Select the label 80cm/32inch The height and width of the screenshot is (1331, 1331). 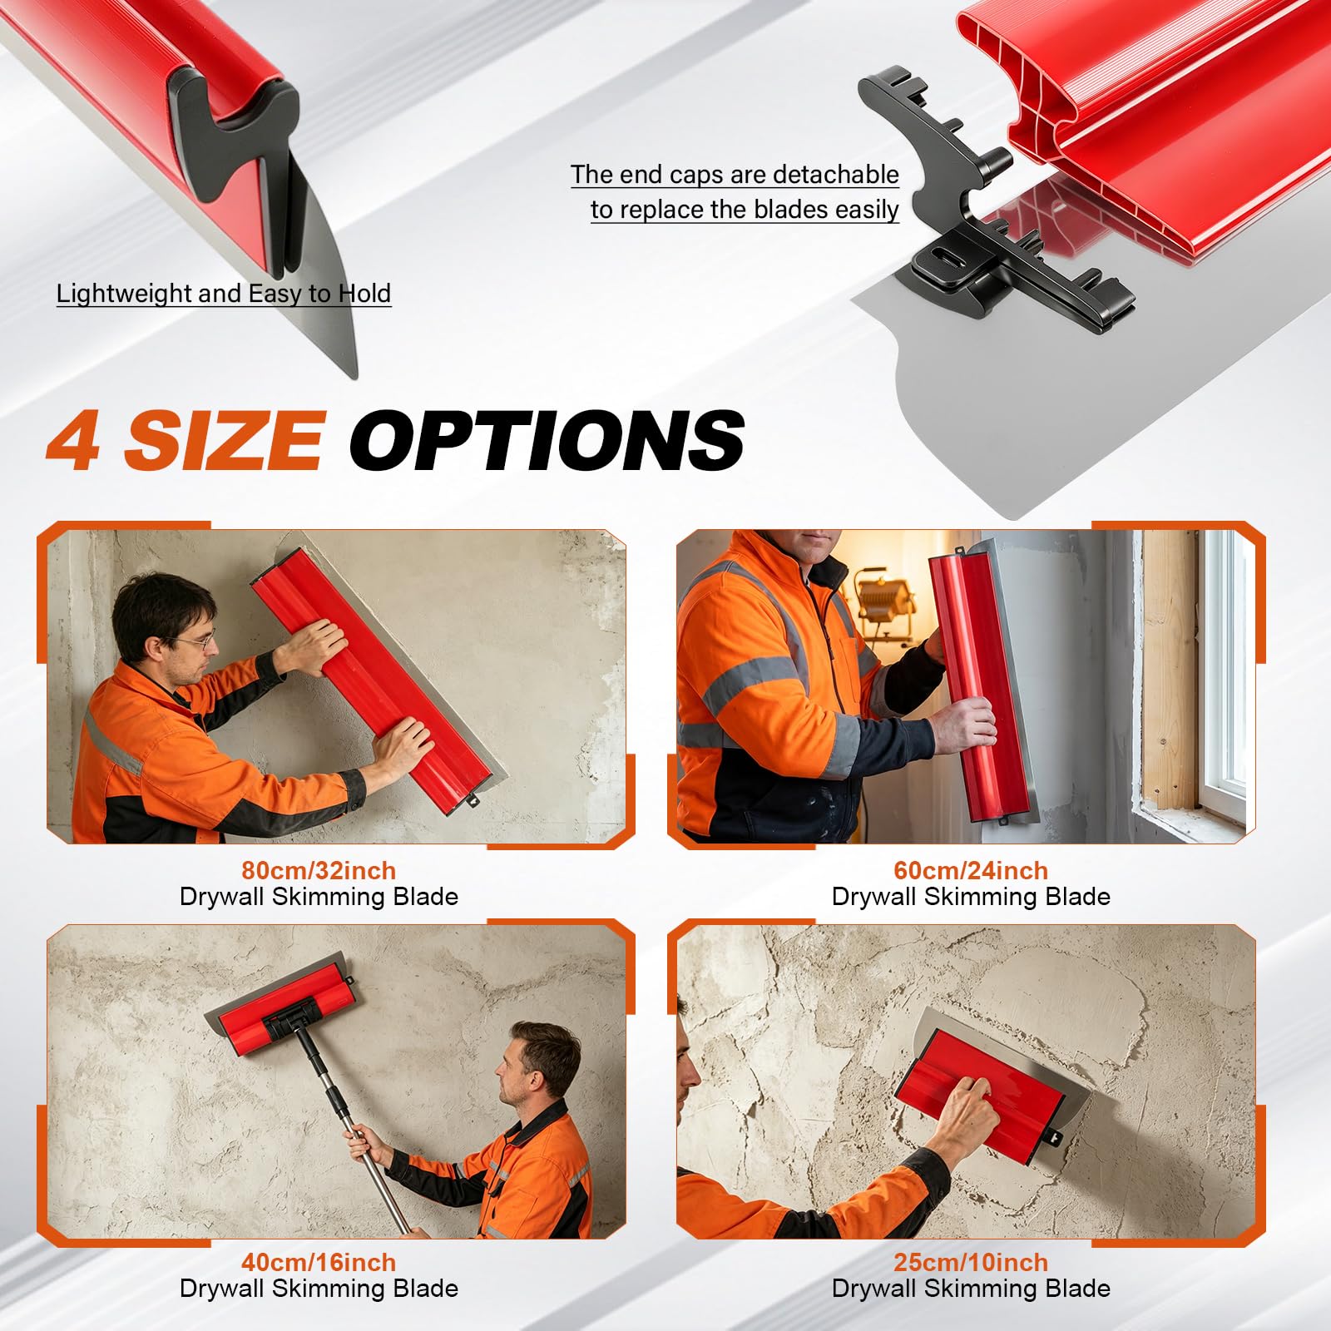point(319,870)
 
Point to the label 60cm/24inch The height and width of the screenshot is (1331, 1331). point(971,870)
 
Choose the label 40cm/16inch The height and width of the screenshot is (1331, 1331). point(319,1262)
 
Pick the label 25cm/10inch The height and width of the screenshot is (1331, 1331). point(971,1262)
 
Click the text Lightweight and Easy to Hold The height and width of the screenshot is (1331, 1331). point(224,294)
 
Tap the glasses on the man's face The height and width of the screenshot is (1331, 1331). point(197,641)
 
